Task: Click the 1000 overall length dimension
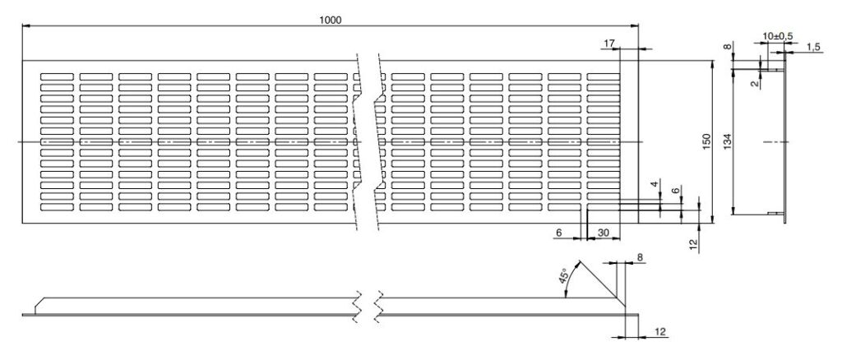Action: (x=330, y=19)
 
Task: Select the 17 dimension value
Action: (x=608, y=44)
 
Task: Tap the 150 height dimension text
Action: (x=706, y=142)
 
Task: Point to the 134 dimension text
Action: (x=728, y=142)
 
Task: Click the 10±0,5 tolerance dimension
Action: (x=778, y=36)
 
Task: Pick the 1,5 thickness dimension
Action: (x=813, y=48)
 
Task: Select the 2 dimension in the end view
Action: (x=756, y=83)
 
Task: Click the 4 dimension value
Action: (x=654, y=185)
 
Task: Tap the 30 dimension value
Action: (x=603, y=233)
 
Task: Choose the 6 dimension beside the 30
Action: (x=559, y=233)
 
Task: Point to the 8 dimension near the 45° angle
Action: (x=640, y=257)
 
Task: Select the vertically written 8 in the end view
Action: (x=727, y=47)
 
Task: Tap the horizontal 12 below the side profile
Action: (x=661, y=333)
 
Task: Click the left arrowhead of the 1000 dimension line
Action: (x=25, y=25)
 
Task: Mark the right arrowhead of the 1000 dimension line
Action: (x=636, y=25)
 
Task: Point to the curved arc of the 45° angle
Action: (x=571, y=277)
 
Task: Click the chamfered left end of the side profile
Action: (x=39, y=305)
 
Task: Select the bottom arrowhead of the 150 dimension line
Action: (x=713, y=219)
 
